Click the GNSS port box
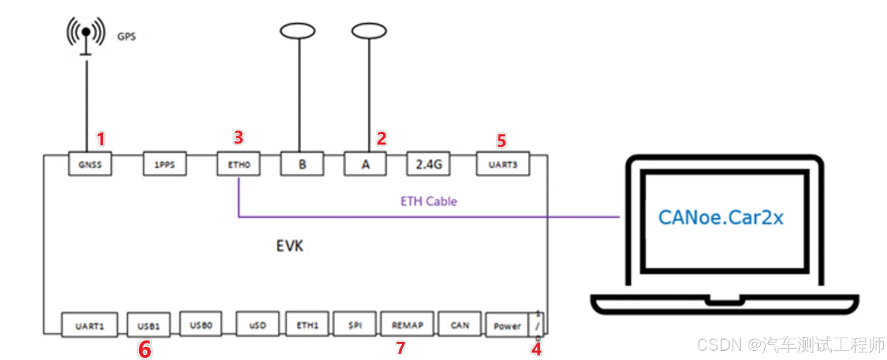coord(90,164)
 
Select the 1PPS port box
coord(165,164)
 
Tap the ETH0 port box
coord(239,164)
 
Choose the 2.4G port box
coord(428,164)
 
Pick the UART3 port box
coord(503,164)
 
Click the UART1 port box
coord(90,326)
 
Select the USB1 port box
coord(149,326)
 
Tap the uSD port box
coord(258,325)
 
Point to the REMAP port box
coord(407,325)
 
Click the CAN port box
coord(460,325)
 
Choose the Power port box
coord(507,326)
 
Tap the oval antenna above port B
coord(298,31)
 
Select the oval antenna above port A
coord(369,31)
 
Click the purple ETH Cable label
coord(428,201)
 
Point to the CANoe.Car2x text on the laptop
coord(721,218)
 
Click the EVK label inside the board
coord(290,246)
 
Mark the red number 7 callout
coord(401,348)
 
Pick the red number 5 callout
coord(501,141)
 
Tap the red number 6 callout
coord(145,349)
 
